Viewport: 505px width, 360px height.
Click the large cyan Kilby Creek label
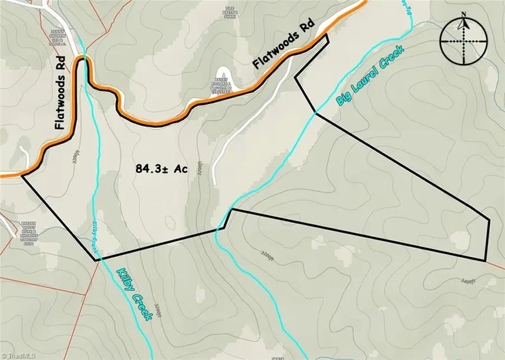[135, 294]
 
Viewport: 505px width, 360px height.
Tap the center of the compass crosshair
[463, 42]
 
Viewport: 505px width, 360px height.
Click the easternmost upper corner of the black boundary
[489, 219]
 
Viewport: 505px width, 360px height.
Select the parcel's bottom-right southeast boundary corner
[485, 261]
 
